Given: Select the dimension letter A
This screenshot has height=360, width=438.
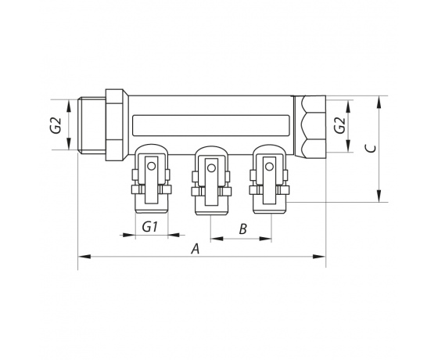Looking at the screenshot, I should [196, 248].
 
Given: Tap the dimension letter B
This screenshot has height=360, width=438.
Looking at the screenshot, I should [242, 229].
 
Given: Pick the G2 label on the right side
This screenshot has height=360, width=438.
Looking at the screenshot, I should [338, 125].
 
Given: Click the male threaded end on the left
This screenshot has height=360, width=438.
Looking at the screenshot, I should [92, 125].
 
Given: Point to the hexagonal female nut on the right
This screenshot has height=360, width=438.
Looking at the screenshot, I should [311, 125].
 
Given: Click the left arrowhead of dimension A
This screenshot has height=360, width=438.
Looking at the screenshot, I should [82, 256].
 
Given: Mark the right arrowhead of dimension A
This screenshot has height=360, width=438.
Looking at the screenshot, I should [322, 256].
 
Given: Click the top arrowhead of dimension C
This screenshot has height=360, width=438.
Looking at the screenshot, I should [380, 99].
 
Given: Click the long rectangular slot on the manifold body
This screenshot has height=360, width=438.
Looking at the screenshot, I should [214, 124].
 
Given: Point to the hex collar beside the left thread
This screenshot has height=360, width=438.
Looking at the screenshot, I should [115, 125].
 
